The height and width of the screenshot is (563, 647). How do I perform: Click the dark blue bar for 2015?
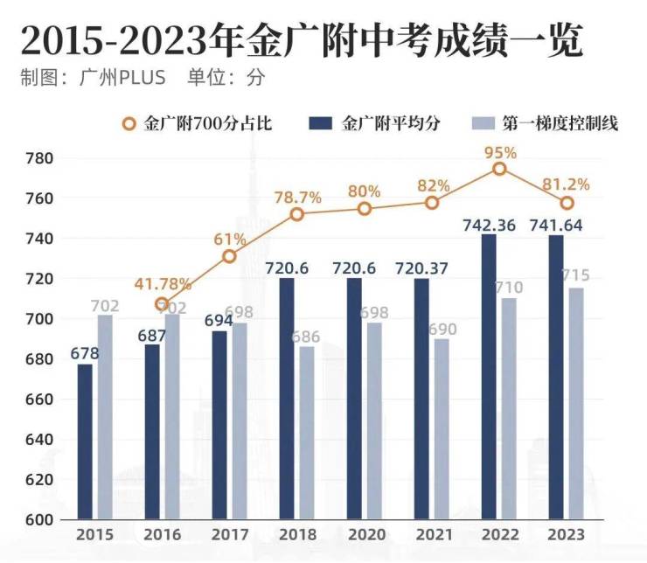click(x=85, y=441)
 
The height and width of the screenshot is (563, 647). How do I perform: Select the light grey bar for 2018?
click(x=307, y=433)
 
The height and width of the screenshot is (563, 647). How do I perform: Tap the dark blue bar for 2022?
click(x=489, y=377)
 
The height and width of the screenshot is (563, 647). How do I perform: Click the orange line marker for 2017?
click(x=229, y=256)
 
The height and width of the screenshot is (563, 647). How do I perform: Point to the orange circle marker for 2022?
click(x=499, y=169)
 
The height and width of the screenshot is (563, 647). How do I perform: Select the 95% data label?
click(x=500, y=152)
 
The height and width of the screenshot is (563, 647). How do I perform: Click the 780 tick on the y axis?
click(x=40, y=158)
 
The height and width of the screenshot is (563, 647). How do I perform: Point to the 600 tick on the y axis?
click(x=40, y=520)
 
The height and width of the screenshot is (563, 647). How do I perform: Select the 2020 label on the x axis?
click(x=365, y=533)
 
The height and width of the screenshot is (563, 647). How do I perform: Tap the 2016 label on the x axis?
click(x=163, y=533)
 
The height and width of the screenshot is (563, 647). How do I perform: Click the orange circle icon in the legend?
click(x=129, y=123)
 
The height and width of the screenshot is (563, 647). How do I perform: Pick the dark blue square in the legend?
click(x=321, y=123)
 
